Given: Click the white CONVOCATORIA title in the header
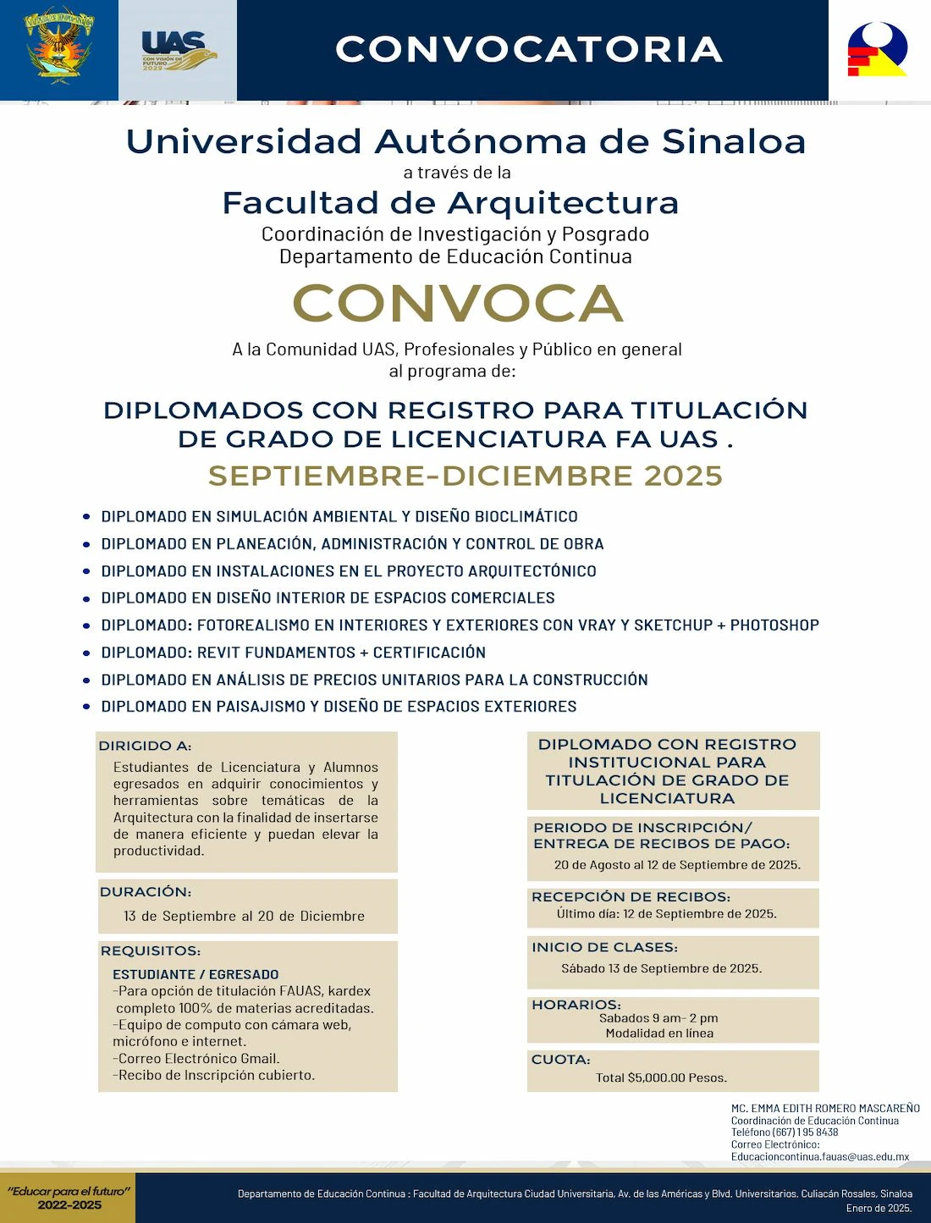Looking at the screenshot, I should [x=529, y=49].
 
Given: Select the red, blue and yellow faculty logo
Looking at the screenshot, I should [x=878, y=49].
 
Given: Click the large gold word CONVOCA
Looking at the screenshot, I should [x=458, y=303].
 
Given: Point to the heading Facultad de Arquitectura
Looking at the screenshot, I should [x=450, y=203].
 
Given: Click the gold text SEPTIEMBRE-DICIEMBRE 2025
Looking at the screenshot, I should [x=465, y=476].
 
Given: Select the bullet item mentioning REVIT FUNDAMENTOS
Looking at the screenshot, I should [x=293, y=653].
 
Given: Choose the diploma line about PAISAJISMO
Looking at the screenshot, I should [x=339, y=707].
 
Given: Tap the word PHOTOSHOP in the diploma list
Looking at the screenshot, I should [x=774, y=625].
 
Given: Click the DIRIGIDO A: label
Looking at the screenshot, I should [x=145, y=746].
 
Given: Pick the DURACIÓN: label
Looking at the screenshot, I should [x=146, y=891].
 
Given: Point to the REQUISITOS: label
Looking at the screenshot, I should [x=151, y=950].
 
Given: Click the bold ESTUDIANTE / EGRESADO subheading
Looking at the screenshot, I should [x=196, y=974].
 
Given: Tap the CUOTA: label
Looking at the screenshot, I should [x=560, y=1060].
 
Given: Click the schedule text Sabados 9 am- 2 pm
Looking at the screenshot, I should [x=658, y=1018].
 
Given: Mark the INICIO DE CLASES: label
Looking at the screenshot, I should [x=604, y=947].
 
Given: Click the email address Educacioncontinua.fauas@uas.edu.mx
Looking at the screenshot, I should [x=820, y=1156].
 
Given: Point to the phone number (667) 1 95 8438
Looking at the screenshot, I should [x=805, y=1132].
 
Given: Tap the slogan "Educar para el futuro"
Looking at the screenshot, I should [x=69, y=1191].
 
